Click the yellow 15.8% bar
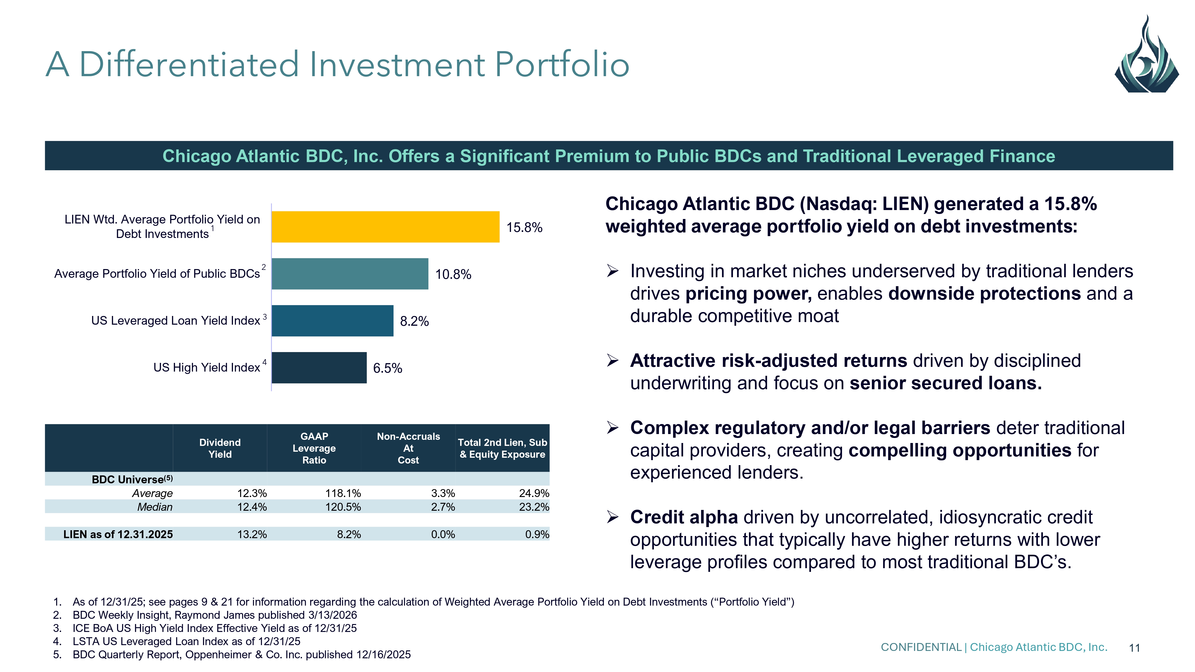[x=385, y=227]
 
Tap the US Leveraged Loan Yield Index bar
[x=332, y=320]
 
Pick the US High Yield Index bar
[x=319, y=367]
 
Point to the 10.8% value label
[x=453, y=275]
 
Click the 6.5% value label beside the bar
[x=387, y=368]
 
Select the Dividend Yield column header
[x=220, y=448]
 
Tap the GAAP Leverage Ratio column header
[x=314, y=448]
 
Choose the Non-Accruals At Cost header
[x=408, y=448]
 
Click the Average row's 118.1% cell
[x=343, y=493]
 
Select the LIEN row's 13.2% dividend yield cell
[x=252, y=534]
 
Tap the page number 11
[x=1134, y=648]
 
